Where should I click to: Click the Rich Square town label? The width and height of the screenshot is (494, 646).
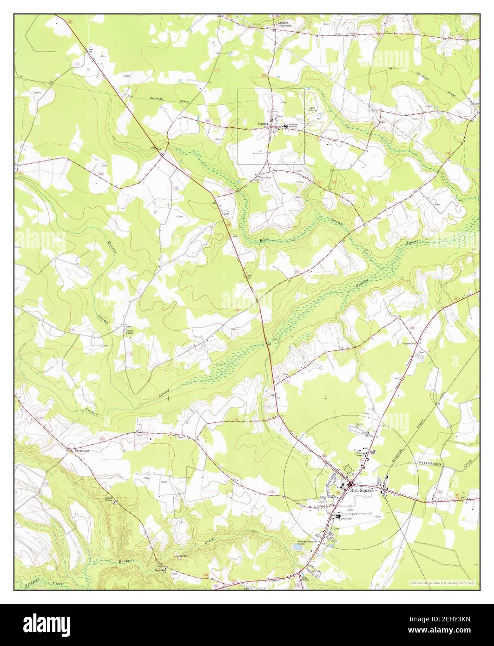pos(362,489)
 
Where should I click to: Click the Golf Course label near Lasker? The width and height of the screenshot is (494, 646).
pos(314,110)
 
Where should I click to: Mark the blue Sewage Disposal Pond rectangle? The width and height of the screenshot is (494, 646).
pos(296,548)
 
